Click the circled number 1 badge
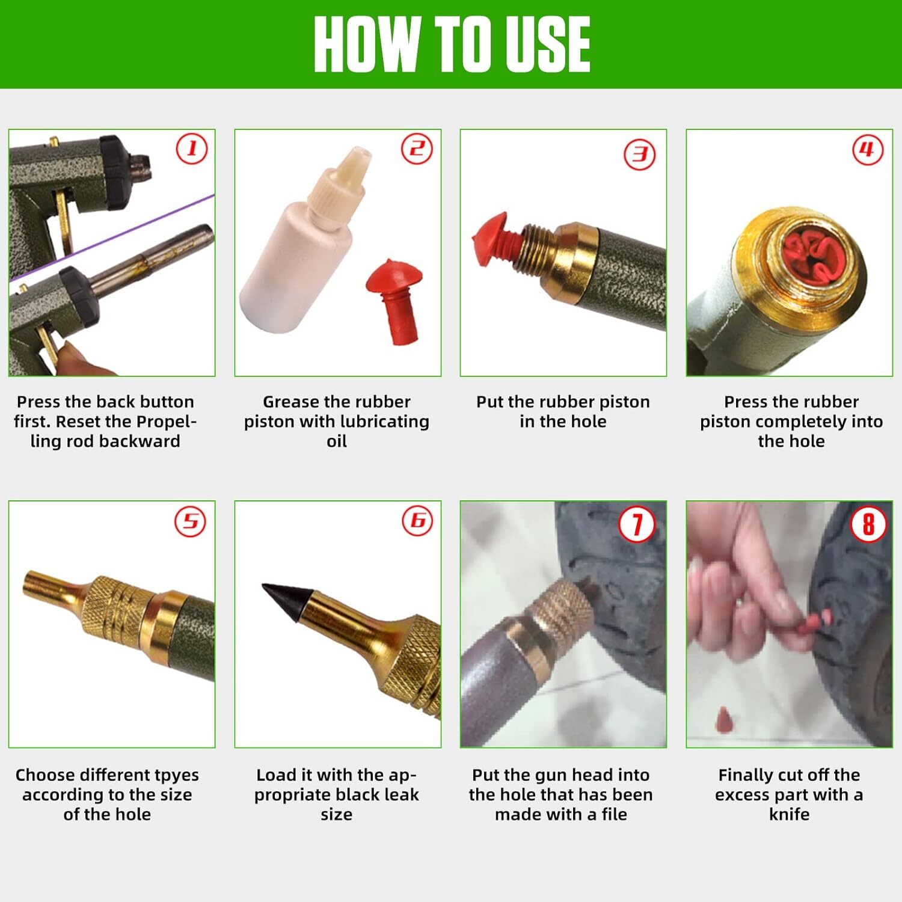tap(192, 149)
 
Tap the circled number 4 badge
tap(868, 150)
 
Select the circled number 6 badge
tap(417, 521)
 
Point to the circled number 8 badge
tap(868, 524)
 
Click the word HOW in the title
tap(366, 44)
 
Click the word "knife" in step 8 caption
tap(789, 814)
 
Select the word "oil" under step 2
tap(337, 441)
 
